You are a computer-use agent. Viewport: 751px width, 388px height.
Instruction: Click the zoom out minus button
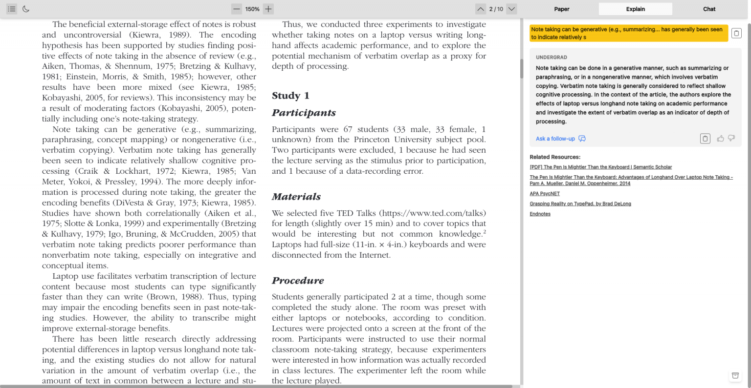(x=237, y=9)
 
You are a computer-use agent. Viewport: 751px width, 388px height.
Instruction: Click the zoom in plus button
(x=268, y=9)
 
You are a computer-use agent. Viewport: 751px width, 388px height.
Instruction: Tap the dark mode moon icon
(x=26, y=9)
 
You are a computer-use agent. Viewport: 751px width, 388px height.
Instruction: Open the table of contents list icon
(x=12, y=9)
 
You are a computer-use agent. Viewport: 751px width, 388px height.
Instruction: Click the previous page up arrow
(x=481, y=9)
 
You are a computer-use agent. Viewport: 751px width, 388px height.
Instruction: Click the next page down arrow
(x=511, y=9)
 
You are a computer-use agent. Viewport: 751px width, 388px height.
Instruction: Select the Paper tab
(x=562, y=9)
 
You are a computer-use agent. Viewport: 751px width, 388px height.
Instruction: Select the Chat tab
(x=709, y=9)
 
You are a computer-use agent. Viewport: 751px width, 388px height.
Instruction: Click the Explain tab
(x=635, y=9)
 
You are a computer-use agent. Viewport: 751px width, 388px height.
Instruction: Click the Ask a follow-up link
(x=555, y=139)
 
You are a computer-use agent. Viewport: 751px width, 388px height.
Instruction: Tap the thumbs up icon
(x=720, y=139)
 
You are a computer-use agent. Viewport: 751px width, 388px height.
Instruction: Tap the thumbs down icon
(x=731, y=139)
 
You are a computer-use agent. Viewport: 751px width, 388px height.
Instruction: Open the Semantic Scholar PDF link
(x=600, y=167)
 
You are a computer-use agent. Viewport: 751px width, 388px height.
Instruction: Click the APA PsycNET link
(x=545, y=194)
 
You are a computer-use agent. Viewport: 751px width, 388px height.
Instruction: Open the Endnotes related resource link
(x=540, y=214)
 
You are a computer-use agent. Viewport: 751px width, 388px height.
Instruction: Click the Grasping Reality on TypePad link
(x=580, y=204)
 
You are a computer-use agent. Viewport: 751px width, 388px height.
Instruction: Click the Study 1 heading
(x=290, y=96)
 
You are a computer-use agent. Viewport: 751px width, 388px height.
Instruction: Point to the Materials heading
(x=296, y=197)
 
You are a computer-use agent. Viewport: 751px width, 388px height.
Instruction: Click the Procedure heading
(x=298, y=281)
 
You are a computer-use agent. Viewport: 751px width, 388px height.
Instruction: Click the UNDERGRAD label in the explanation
(x=551, y=58)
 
